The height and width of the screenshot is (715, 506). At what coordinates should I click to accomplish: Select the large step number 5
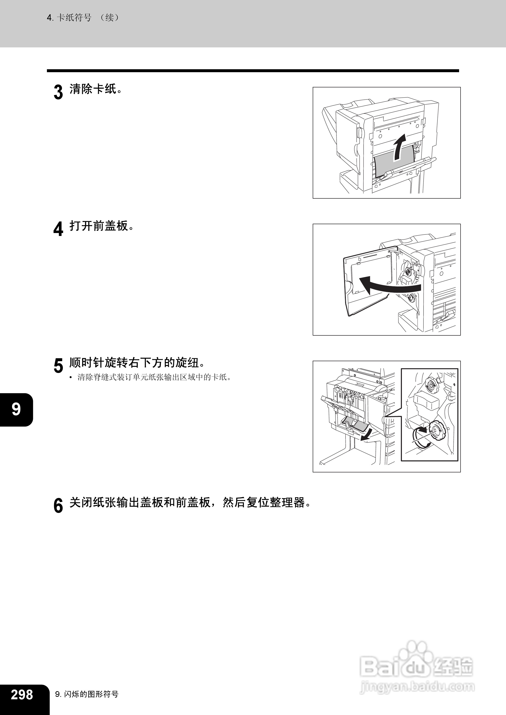coord(58,366)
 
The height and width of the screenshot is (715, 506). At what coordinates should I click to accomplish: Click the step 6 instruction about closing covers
coord(190,502)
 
